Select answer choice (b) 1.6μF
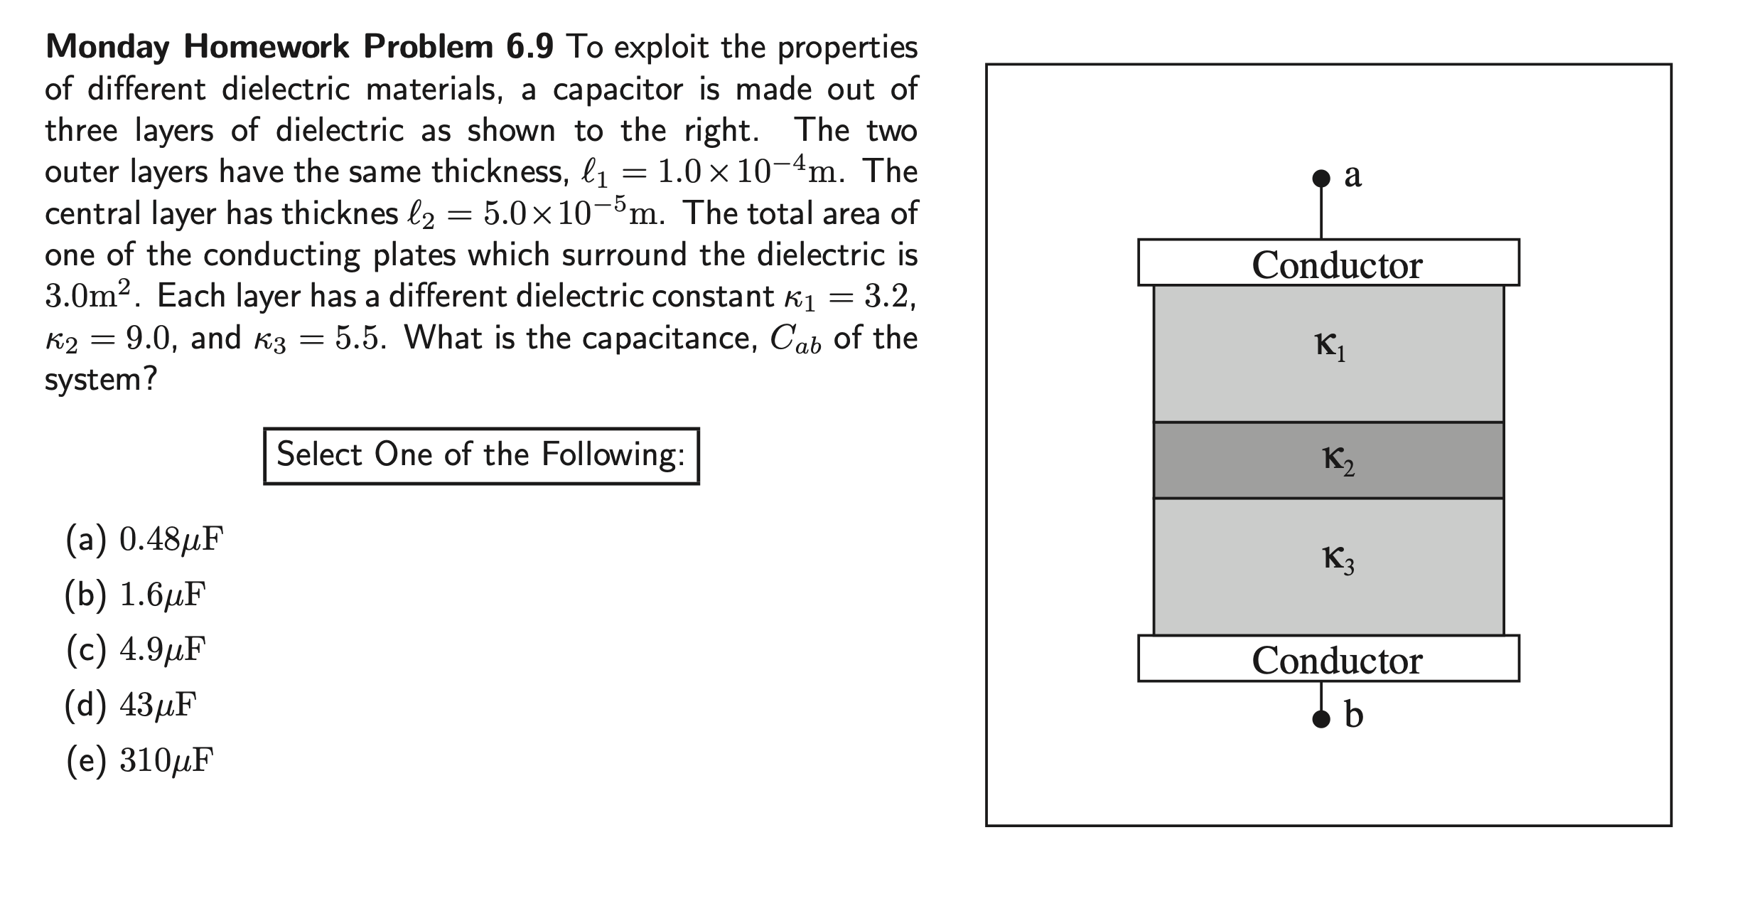[135, 595]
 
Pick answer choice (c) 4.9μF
[136, 649]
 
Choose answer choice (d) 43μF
[131, 705]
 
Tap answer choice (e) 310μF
[139, 760]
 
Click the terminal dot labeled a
[1321, 178]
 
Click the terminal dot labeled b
[1321, 719]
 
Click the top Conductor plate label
[1336, 265]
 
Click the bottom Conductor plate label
[1336, 660]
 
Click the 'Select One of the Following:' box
[481, 455]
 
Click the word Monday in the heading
[107, 48]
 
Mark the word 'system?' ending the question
[100, 380]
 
